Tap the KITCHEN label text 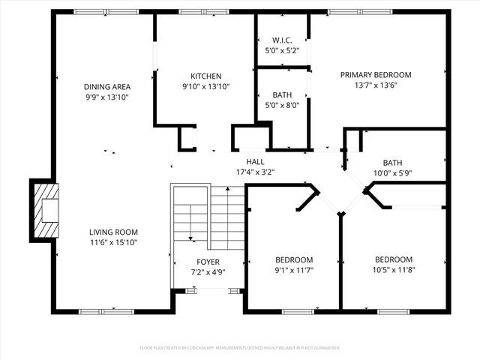(205, 76)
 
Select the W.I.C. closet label (282, 40)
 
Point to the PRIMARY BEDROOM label (376, 75)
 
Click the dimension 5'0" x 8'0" (282, 105)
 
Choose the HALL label (255, 161)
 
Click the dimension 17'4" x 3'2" (255, 172)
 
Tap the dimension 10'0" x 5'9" (392, 173)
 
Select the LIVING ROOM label (113, 232)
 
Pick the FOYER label (208, 262)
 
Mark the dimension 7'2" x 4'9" (208, 272)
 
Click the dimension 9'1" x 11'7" (294, 270)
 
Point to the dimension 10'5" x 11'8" (393, 270)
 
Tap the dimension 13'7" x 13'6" (376, 85)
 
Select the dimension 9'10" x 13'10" (205, 86)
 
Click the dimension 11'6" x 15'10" (113, 242)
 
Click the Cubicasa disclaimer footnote (240, 348)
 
